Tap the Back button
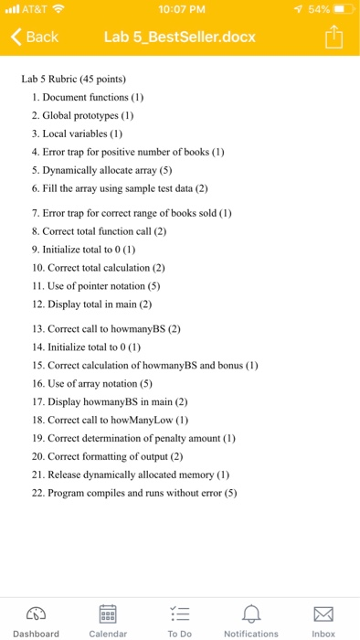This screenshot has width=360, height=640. (x=35, y=37)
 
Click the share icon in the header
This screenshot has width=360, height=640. (x=333, y=37)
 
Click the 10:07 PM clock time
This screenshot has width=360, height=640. (x=180, y=10)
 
